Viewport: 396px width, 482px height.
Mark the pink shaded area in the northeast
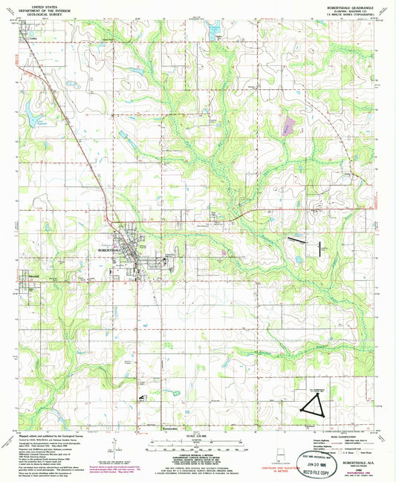tap(288, 125)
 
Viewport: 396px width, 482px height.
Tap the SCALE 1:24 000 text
tap(197, 435)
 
